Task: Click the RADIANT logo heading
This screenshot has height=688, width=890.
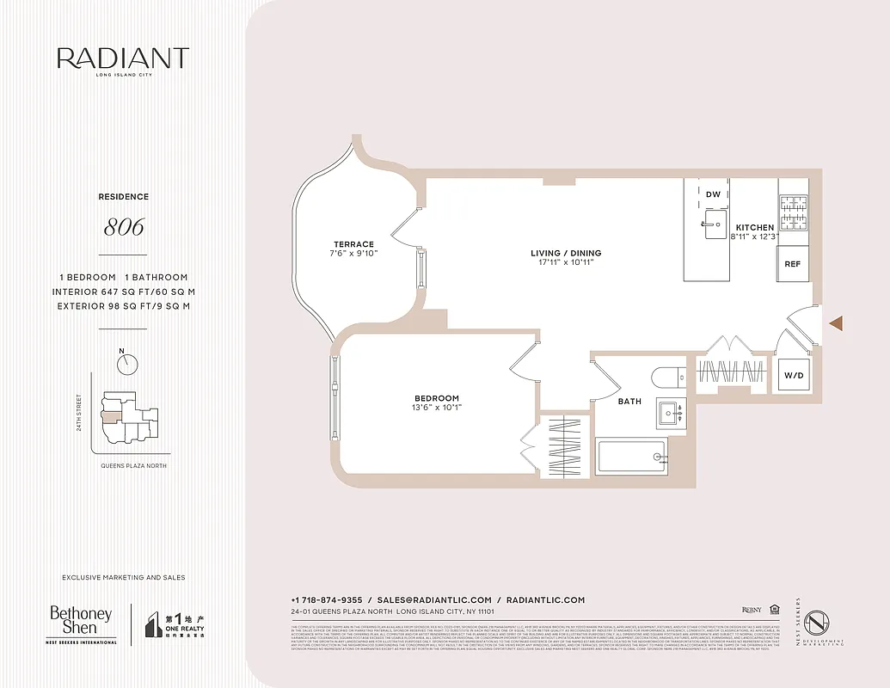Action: coord(123,58)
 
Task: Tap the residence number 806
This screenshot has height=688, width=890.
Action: coord(123,227)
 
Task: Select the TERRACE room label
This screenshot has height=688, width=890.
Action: coord(354,244)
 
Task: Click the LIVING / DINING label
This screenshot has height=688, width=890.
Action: coord(566,253)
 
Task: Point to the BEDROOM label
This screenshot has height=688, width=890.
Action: coord(436,397)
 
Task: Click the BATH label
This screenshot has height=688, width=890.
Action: coord(629,401)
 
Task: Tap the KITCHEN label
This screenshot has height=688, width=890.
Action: coord(754,227)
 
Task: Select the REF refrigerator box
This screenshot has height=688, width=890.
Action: coord(792,265)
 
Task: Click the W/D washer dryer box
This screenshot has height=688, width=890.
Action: coord(792,376)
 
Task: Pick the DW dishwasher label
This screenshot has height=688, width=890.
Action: coord(713,194)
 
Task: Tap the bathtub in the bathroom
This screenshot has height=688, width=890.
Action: coord(632,456)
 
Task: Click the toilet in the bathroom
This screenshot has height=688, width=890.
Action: coord(666,378)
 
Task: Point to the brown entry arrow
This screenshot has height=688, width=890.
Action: coord(836,322)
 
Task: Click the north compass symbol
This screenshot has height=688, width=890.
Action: coord(128,364)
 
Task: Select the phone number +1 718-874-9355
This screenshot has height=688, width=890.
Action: coord(327,599)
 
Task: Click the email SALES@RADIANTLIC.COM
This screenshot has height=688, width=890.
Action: coord(434,599)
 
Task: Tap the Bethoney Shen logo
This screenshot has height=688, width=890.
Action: coord(81,623)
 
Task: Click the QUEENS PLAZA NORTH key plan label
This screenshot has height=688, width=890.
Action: coord(128,465)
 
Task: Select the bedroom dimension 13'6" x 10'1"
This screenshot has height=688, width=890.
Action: coord(436,408)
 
